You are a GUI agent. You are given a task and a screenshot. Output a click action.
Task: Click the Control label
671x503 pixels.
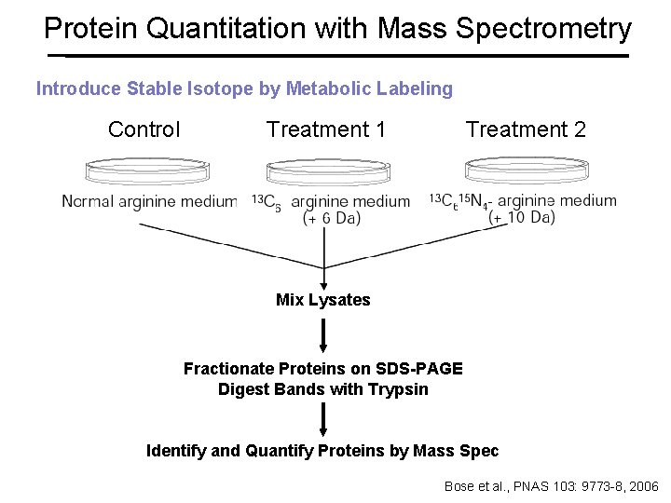144,129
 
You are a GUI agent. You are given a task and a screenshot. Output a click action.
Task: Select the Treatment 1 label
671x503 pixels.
326,129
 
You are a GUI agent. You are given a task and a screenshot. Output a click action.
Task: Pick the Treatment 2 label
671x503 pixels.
526,129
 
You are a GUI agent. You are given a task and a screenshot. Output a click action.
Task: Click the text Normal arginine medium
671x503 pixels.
149,201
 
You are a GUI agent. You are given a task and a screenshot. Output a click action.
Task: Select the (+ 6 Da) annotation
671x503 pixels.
332,218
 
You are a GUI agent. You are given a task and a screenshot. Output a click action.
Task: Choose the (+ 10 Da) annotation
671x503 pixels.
522,217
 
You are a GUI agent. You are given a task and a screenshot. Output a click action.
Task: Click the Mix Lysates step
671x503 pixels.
322,300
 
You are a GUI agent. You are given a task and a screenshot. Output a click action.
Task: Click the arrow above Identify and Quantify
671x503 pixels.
323,419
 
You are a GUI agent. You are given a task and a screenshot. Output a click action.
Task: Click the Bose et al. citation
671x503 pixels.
551,486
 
